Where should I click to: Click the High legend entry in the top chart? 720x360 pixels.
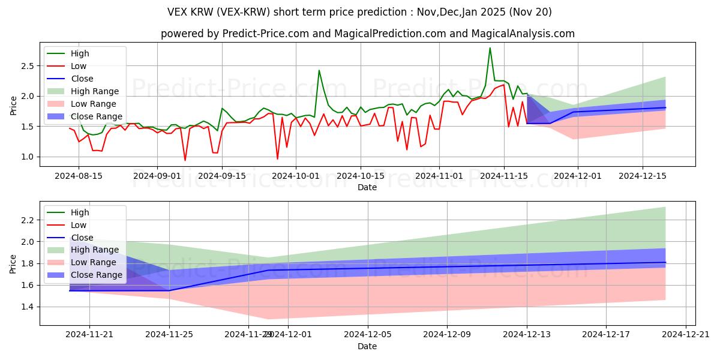[80, 53]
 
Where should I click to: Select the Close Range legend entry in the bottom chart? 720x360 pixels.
[97, 275]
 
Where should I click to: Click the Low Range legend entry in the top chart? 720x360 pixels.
[95, 104]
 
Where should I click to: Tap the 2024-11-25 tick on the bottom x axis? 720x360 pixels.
[169, 334]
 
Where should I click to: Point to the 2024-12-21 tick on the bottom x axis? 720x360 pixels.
[686, 334]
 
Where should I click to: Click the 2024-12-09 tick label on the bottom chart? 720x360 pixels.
[447, 334]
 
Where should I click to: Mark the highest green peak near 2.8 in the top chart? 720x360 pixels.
[490, 48]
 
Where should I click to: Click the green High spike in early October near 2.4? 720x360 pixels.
[319, 70]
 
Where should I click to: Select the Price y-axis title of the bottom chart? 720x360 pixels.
[14, 263]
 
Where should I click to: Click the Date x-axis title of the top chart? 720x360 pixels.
[367, 187]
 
